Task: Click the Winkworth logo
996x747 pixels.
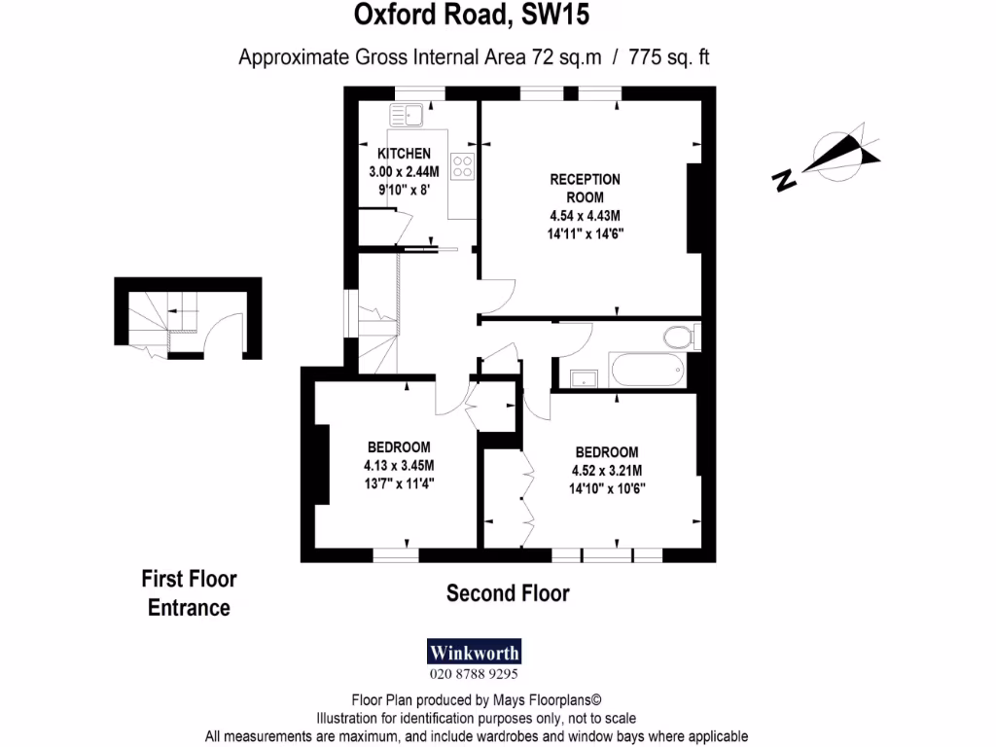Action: pyautogui.click(x=475, y=652)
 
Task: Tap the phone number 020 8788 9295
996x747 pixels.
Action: pyautogui.click(x=475, y=673)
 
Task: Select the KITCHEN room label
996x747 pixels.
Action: pyautogui.click(x=404, y=154)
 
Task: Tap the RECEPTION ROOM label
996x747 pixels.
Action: pyautogui.click(x=585, y=188)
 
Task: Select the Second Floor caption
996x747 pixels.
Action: pyautogui.click(x=508, y=593)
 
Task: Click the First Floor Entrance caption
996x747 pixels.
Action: pyautogui.click(x=190, y=593)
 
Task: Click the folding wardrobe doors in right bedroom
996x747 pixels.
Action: pyautogui.click(x=527, y=496)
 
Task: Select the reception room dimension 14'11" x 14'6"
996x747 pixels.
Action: pyautogui.click(x=585, y=233)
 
